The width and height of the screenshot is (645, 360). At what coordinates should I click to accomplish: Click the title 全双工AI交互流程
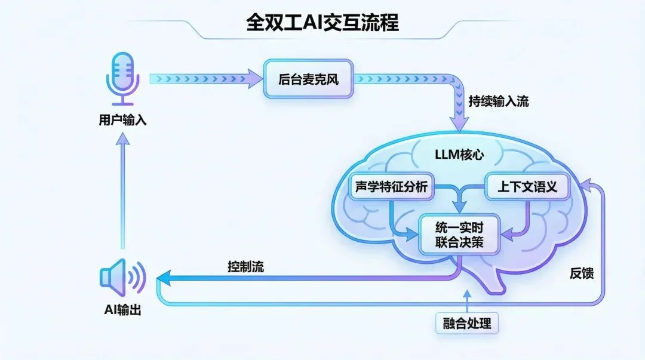point(322,22)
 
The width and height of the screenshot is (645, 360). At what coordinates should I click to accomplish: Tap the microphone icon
point(123,78)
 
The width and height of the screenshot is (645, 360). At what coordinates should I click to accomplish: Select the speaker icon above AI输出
point(122,277)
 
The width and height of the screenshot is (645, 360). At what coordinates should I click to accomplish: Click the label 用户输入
point(122,120)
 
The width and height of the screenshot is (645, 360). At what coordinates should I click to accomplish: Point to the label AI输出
point(122,310)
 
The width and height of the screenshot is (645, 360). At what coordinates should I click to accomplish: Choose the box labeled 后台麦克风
point(309,78)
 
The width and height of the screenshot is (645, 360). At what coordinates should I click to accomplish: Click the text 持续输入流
point(498,101)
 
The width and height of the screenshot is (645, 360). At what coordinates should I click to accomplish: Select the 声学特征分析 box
point(391,187)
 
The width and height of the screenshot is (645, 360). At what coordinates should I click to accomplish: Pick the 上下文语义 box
point(527,187)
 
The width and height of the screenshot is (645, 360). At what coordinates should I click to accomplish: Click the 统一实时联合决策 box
point(459,234)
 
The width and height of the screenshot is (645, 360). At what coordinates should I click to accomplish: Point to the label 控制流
point(245,267)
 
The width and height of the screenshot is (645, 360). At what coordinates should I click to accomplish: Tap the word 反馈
point(581,273)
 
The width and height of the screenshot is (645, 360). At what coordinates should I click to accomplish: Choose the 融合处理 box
point(467,324)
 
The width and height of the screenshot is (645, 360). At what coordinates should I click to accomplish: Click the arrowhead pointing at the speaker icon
point(163,278)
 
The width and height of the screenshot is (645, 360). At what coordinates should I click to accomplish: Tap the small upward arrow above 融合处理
point(466,295)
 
